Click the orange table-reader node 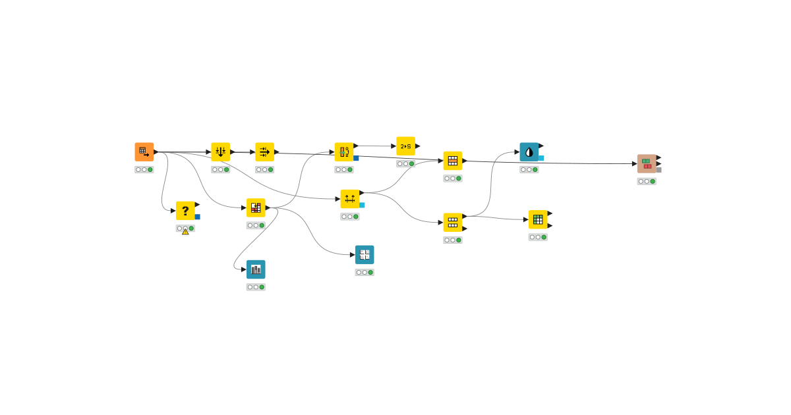[144, 152]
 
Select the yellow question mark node [185, 211]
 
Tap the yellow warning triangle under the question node [185, 231]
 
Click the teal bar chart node [256, 269]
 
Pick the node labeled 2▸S [405, 146]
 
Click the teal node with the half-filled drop [529, 152]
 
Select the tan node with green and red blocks [647, 164]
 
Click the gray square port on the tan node [659, 170]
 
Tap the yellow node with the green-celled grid [538, 219]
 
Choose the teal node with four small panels [365, 255]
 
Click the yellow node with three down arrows [221, 152]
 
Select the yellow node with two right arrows [265, 152]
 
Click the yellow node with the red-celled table [256, 208]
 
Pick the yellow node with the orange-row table [453, 161]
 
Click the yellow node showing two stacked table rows [453, 223]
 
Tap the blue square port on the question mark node [197, 217]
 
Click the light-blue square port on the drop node [541, 158]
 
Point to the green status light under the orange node [150, 170]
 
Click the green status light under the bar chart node [262, 287]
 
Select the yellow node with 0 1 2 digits [344, 152]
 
